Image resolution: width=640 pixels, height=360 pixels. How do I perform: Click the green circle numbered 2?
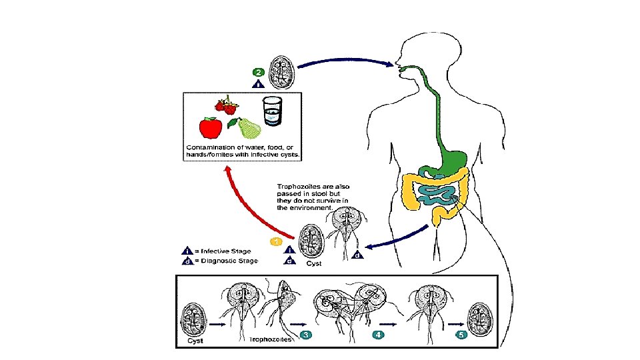[259, 72]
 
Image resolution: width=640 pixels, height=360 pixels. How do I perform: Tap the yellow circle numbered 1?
[276, 242]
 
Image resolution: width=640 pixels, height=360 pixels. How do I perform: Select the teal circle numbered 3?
[306, 335]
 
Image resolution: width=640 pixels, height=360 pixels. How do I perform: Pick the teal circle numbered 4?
[379, 335]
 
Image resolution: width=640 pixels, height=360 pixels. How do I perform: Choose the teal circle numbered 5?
[461, 335]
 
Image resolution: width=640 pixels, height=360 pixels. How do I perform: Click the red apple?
[211, 127]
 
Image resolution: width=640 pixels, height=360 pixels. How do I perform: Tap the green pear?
[247, 128]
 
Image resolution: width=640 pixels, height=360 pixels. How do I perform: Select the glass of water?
[272, 111]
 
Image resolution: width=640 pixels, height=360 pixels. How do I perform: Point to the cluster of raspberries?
[227, 105]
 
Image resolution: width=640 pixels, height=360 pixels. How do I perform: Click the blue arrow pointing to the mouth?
[346, 61]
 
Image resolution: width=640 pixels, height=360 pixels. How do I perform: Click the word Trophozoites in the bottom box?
[270, 339]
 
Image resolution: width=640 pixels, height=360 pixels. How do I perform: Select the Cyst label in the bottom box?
[195, 341]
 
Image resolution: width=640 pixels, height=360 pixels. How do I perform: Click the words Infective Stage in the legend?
[226, 251]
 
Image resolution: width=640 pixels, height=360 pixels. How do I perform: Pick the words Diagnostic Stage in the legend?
[229, 261]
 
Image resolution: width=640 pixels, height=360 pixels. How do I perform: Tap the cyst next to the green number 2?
[282, 73]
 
